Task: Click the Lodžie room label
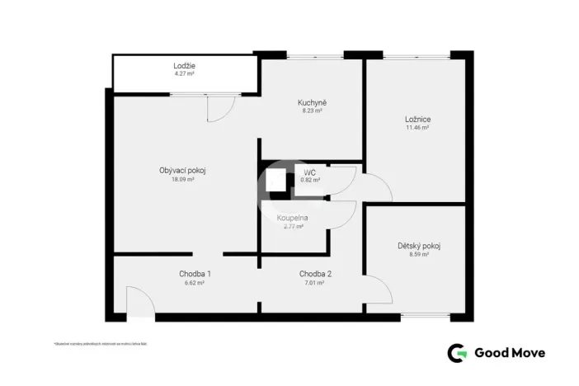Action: pyautogui.click(x=184, y=65)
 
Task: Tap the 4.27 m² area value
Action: pyautogui.click(x=184, y=74)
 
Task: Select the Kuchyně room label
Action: pyautogui.click(x=311, y=102)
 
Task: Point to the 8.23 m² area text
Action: pyautogui.click(x=311, y=111)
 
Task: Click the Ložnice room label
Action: pyautogui.click(x=418, y=119)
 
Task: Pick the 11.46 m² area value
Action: pyautogui.click(x=418, y=128)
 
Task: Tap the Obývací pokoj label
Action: pyautogui.click(x=181, y=171)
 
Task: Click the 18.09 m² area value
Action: pyautogui.click(x=182, y=179)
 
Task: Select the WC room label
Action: pyautogui.click(x=309, y=172)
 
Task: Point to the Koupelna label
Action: pyautogui.click(x=293, y=218)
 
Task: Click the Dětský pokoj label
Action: pyautogui.click(x=418, y=246)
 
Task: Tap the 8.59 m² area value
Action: pyautogui.click(x=418, y=255)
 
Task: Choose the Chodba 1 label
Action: pyautogui.click(x=195, y=274)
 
